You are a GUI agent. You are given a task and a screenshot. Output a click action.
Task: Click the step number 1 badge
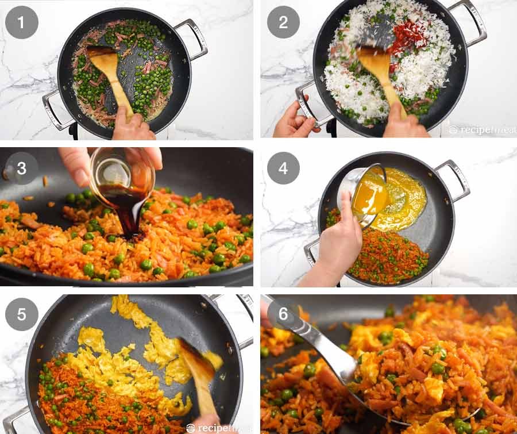(21, 22)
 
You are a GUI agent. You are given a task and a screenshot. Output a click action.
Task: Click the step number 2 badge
(283, 22)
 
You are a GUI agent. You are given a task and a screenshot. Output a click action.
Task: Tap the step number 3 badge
(21, 168)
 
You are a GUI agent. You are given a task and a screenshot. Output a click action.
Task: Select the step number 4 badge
(283, 168)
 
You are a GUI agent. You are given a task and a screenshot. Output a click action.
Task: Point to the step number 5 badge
(21, 314)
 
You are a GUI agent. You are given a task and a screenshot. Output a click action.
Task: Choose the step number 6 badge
(283, 314)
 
